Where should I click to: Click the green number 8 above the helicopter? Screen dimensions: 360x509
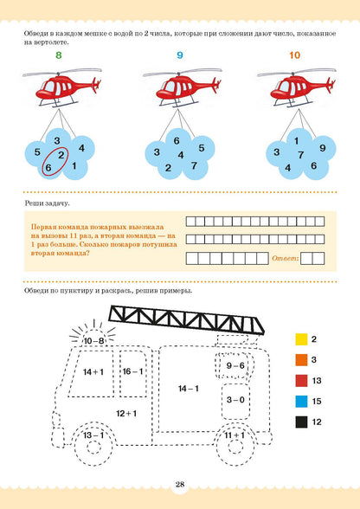coord(59,55)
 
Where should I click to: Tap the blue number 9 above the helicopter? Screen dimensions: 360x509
coord(180,55)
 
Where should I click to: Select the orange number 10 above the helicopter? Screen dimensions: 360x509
coord(295,55)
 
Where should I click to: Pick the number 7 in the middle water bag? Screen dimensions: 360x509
coord(194,166)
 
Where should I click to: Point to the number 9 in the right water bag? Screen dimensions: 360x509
coord(322,148)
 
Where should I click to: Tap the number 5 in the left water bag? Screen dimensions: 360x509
coord(37,152)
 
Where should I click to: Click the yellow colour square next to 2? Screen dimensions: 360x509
coord(301,339)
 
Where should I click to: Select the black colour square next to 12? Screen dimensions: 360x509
coord(301,422)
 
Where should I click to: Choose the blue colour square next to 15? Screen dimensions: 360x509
coord(301,402)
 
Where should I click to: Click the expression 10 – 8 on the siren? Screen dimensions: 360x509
coord(93,341)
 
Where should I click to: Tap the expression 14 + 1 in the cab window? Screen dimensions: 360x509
coord(93,371)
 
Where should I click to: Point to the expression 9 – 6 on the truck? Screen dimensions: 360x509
coord(235,365)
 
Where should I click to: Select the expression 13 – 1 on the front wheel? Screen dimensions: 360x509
coord(93,435)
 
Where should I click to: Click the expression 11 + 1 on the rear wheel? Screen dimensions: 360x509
coord(235,435)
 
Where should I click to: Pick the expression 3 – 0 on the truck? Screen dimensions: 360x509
coord(235,400)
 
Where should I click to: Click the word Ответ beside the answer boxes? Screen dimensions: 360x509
coord(285,258)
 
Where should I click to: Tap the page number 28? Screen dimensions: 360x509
coord(180,485)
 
